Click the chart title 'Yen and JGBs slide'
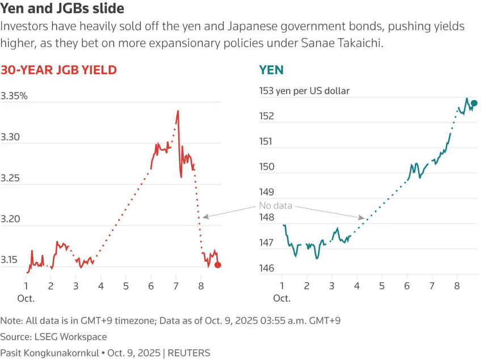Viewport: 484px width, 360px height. [x=62, y=9]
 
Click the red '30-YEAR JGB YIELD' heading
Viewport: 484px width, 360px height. [x=58, y=70]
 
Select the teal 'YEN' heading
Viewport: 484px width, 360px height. [x=271, y=70]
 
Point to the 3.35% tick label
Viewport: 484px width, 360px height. [x=14, y=96]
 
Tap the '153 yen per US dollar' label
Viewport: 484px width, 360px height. [x=304, y=91]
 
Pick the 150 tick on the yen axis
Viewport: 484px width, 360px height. [x=267, y=167]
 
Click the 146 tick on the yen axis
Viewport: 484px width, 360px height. [x=267, y=268]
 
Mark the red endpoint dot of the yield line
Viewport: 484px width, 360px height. [x=218, y=265]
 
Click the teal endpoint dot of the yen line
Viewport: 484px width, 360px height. [x=474, y=103]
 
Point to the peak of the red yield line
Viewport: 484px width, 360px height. [x=178, y=111]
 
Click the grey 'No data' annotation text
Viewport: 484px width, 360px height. [x=276, y=206]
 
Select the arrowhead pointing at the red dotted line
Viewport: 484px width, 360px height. [x=204, y=216]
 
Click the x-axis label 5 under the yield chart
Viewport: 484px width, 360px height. [x=126, y=286]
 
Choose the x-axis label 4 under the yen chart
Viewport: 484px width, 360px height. [x=357, y=286]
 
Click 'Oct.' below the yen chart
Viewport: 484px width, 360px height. [x=282, y=298]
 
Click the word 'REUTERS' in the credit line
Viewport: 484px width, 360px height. [x=188, y=353]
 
